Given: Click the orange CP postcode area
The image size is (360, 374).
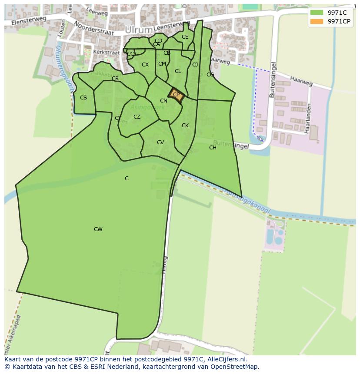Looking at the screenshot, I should (177, 95).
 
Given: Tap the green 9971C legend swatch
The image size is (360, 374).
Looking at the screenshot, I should (317, 13).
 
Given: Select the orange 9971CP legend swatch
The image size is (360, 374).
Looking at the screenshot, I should (317, 21).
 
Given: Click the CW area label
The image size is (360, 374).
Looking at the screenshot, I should (98, 229).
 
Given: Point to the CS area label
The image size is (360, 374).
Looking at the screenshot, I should (83, 98).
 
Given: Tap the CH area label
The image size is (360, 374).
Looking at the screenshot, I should (213, 148).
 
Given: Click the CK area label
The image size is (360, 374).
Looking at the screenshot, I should (185, 126).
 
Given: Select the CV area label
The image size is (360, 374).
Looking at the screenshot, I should (160, 142).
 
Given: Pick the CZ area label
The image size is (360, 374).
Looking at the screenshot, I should (137, 117).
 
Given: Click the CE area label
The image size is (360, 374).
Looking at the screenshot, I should (185, 37).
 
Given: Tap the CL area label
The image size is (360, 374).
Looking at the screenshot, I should (178, 71).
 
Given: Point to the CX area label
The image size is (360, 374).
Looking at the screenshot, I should (145, 65).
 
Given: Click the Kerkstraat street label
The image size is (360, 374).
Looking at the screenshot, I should (106, 53).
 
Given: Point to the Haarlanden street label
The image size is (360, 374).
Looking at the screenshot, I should (308, 118).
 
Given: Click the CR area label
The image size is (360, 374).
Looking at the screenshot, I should (115, 79).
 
